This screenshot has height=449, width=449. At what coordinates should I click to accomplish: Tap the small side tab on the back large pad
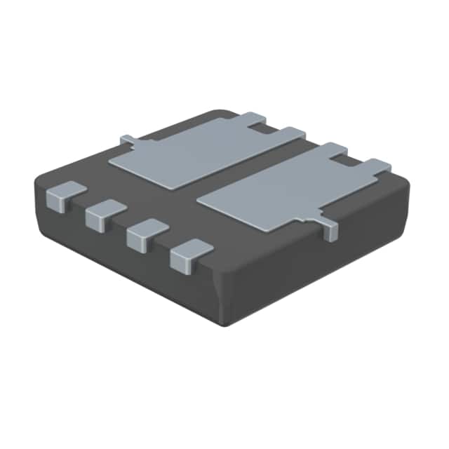coord(128,140)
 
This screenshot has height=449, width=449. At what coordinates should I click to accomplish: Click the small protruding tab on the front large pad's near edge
coord(328,230)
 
